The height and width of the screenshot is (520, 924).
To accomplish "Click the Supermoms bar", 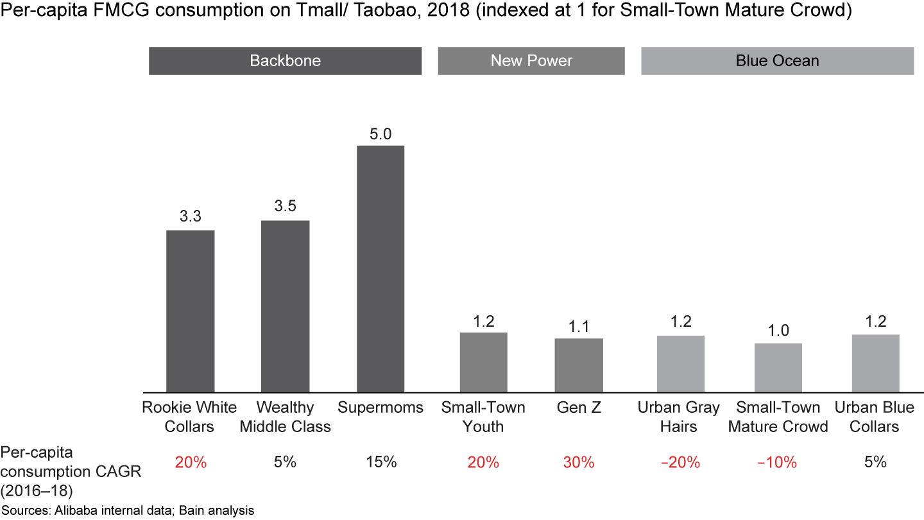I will pyautogui.click(x=381, y=268).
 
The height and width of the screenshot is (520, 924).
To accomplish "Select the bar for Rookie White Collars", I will pyautogui.click(x=190, y=311).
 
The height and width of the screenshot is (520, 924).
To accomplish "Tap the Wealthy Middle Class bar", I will pyautogui.click(x=286, y=306).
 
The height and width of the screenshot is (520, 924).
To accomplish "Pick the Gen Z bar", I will pyautogui.click(x=579, y=365).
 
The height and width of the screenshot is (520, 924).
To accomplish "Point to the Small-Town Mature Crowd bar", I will pyautogui.click(x=778, y=367).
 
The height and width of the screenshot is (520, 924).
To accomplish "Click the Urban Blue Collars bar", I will pyautogui.click(x=875, y=363).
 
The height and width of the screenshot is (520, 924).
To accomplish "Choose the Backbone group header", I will pyautogui.click(x=285, y=61).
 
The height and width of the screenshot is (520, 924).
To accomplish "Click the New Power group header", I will pyautogui.click(x=531, y=61).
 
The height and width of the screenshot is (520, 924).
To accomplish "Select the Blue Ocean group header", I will pyautogui.click(x=777, y=61).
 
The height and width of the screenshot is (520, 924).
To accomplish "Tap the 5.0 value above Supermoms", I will pyautogui.click(x=381, y=134).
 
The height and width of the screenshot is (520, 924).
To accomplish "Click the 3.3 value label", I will pyautogui.click(x=190, y=217).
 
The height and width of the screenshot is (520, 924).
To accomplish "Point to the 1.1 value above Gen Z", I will pyautogui.click(x=579, y=326).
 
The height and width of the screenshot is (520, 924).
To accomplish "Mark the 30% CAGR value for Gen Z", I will pyautogui.click(x=579, y=462).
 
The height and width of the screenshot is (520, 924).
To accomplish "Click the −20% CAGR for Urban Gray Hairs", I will pyautogui.click(x=680, y=462).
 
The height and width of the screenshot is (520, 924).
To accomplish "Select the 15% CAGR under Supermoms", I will pyautogui.click(x=381, y=462).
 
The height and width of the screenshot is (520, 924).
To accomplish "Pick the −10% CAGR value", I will pyautogui.click(x=778, y=462).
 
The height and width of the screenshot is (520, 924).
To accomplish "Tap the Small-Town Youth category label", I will pyautogui.click(x=483, y=417).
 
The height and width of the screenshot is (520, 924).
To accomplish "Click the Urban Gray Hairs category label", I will pyautogui.click(x=679, y=417).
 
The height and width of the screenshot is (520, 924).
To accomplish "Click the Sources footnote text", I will pyautogui.click(x=128, y=511).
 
